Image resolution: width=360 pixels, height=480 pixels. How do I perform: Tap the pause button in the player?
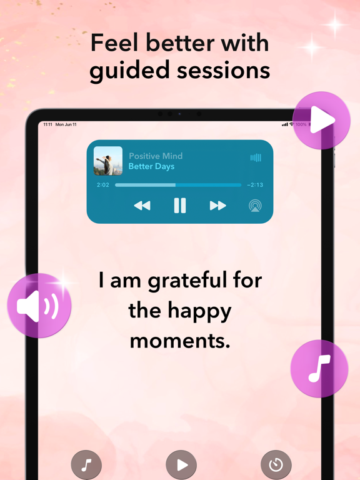click(x=180, y=206)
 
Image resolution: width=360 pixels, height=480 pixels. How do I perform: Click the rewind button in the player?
click(x=142, y=206)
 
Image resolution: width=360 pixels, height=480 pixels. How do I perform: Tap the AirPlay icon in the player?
click(x=254, y=206)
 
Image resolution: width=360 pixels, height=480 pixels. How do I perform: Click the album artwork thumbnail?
click(x=108, y=161)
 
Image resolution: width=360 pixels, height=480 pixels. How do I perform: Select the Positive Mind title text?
click(x=156, y=156)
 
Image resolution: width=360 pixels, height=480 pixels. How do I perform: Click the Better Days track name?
click(x=151, y=166)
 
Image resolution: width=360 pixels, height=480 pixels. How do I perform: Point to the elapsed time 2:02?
click(x=102, y=185)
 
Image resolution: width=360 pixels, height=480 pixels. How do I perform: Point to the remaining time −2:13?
click(x=254, y=185)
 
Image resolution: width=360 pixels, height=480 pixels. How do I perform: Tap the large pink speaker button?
click(x=39, y=306)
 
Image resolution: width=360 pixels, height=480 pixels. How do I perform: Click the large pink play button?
click(x=321, y=121)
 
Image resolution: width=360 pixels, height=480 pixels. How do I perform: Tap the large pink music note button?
click(x=319, y=369)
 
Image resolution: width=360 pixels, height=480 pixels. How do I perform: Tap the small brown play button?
click(x=181, y=464)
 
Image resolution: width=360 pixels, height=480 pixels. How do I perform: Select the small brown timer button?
click(x=276, y=464)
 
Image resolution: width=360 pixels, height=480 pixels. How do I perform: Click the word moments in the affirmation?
click(x=180, y=341)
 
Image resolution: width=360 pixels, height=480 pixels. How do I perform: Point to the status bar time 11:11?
click(x=47, y=124)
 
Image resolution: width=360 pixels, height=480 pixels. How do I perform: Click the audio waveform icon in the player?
click(x=256, y=158)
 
